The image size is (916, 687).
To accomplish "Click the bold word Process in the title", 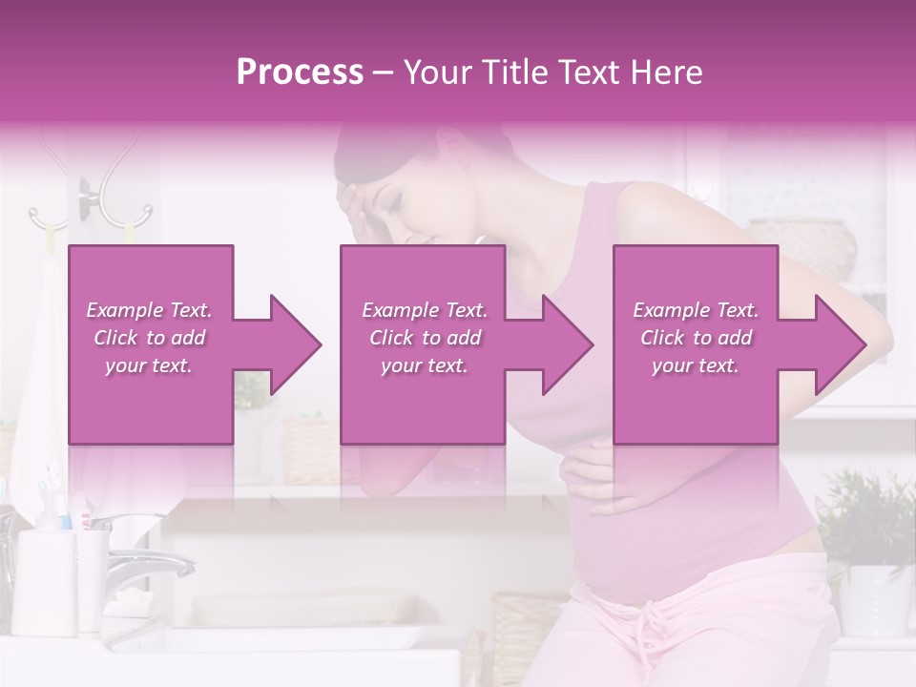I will (300, 73).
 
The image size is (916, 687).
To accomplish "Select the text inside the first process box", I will (150, 338).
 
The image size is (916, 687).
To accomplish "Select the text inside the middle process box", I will (425, 338).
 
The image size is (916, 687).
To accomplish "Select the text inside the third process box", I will (696, 338).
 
